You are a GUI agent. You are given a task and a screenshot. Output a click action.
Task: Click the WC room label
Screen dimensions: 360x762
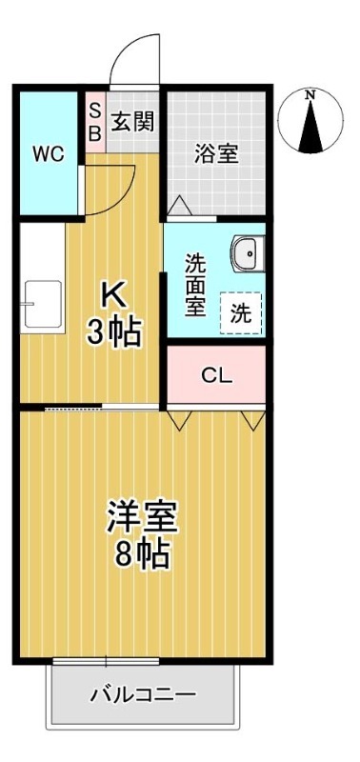click(49, 154)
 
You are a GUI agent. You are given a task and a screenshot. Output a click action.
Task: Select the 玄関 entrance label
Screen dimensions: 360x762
click(133, 121)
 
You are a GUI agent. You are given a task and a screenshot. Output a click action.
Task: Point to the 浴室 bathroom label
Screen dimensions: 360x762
click(216, 153)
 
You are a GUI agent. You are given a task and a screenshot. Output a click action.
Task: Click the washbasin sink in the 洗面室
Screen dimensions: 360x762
click(249, 253)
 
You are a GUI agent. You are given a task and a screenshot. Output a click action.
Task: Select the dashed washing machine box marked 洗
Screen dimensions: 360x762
click(241, 313)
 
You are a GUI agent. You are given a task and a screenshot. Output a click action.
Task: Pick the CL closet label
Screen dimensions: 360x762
click(217, 374)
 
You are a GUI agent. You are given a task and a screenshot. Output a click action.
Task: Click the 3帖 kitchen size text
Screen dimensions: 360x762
click(114, 331)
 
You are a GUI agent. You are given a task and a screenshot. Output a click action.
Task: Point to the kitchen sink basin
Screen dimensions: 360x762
click(43, 305)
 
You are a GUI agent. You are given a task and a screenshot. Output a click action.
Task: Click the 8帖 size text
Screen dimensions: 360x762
click(142, 554)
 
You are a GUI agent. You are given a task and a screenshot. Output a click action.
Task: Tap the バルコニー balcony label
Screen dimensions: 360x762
click(143, 694)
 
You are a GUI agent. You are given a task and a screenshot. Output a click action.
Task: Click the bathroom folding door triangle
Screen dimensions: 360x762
click(180, 206)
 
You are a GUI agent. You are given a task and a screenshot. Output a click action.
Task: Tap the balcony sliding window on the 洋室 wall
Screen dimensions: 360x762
click(106, 661)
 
